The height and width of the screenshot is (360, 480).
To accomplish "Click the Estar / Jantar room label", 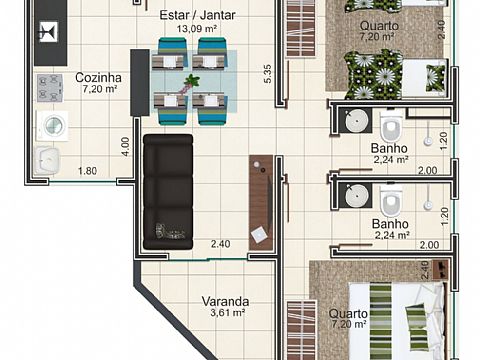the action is pyautogui.click(x=197, y=15).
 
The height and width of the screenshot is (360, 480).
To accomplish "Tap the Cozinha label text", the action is pyautogui.click(x=98, y=78).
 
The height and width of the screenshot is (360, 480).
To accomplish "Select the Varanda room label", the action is pyautogui.click(x=225, y=301).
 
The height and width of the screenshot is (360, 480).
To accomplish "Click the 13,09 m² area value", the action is pyautogui.click(x=197, y=29).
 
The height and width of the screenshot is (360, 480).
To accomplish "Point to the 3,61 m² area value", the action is pyautogui.click(x=228, y=313).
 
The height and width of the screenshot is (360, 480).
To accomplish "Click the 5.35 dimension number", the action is pyautogui.click(x=268, y=74).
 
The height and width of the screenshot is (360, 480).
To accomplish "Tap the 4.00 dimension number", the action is pyautogui.click(x=125, y=147).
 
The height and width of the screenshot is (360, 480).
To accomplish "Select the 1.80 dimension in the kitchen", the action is pyautogui.click(x=87, y=171).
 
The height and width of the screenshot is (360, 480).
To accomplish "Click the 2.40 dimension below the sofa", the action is pyautogui.click(x=220, y=244).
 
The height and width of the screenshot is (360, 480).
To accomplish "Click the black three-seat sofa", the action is pyautogui.click(x=168, y=192).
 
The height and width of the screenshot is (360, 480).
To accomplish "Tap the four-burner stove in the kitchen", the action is pyautogui.click(x=50, y=88).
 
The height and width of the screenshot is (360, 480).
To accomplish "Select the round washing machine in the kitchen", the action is pyautogui.click(x=52, y=126).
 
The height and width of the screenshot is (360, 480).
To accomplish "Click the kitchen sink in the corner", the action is pyautogui.click(x=46, y=160).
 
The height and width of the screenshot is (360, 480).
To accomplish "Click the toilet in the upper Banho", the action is pyautogui.click(x=391, y=126).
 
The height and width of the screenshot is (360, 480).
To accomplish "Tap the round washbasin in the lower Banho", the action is pyautogui.click(x=356, y=196).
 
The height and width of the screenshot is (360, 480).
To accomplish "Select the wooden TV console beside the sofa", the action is pyautogui.click(x=261, y=203).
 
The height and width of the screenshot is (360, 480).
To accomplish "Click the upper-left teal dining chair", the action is pyautogui.click(x=171, y=54).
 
